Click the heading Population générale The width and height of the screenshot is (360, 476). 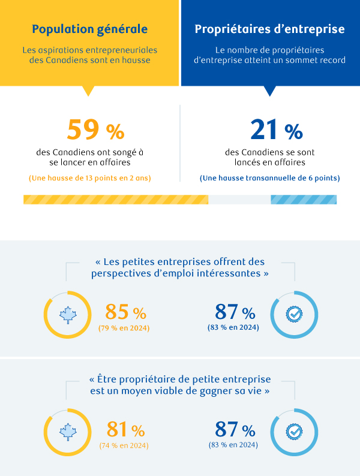(89, 29)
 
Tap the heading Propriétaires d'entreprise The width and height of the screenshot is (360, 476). (269, 29)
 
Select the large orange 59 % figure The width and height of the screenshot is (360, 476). (95, 129)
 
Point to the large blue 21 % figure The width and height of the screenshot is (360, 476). (276, 129)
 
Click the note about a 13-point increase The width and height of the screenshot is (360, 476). (90, 178)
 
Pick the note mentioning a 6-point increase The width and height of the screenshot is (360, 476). (269, 178)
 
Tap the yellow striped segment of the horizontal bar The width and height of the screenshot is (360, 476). (115, 200)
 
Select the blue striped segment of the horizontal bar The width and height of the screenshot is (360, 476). (304, 200)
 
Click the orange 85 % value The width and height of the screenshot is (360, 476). (125, 312)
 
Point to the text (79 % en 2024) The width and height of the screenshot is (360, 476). (124, 327)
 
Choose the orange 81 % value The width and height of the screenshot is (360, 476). (125, 430)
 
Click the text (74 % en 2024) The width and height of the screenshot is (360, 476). (124, 445)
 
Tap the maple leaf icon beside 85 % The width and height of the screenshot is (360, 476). (67, 314)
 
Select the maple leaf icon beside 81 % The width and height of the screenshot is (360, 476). (67, 432)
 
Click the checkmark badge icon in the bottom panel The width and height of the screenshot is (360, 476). (294, 432)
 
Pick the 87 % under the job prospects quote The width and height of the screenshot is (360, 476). (235, 312)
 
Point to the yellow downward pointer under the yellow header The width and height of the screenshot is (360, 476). (89, 91)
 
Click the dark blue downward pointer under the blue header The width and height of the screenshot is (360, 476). (270, 91)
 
